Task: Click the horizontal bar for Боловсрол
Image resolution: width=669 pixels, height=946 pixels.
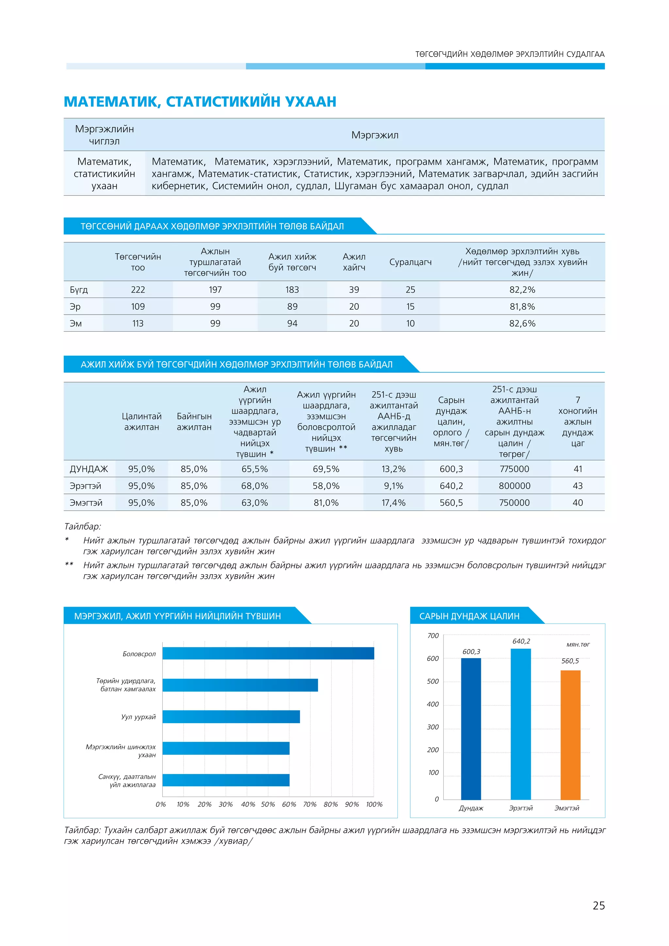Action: pos(268,653)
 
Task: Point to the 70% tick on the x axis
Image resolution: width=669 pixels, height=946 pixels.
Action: pos(309,804)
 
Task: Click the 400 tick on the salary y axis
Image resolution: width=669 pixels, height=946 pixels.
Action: pos(432,704)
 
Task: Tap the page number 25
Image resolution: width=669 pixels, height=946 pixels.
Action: pos(598,905)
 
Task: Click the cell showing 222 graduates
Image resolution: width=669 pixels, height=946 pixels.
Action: pos(138,290)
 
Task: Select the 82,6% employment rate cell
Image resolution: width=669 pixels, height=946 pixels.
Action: pos(522,323)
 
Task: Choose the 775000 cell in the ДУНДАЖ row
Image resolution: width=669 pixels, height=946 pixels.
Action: pos(514,469)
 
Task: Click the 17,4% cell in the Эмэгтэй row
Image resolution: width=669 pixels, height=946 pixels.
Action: pos(393,503)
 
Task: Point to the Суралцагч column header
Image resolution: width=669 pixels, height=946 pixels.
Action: pos(410,262)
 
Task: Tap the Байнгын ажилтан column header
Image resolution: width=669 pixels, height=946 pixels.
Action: pos(194,421)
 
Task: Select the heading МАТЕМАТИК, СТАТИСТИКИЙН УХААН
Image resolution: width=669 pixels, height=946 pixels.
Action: pos(200,101)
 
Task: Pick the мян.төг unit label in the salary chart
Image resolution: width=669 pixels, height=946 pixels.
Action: pos(578,644)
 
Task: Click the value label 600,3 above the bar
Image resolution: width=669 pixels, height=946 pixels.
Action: pos(471,651)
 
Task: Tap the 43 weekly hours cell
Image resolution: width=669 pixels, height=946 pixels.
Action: pos(578,486)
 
